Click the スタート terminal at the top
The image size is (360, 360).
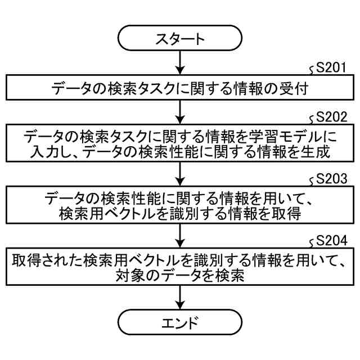[x=180, y=39]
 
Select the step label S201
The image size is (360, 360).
[x=332, y=69]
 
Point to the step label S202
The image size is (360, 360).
[x=332, y=119]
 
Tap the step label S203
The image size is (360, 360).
[x=332, y=181]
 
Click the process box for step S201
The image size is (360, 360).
[x=180, y=88]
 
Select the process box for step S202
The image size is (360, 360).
[x=180, y=145]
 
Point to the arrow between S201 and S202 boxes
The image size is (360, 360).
[x=180, y=112]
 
